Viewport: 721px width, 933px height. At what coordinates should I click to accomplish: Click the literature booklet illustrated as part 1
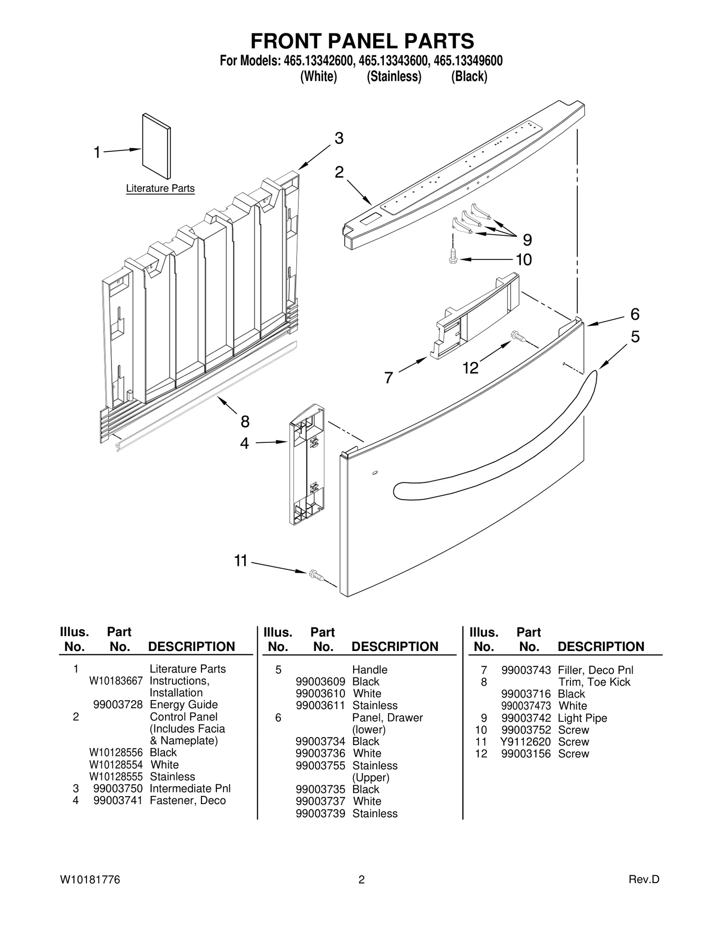[156, 146]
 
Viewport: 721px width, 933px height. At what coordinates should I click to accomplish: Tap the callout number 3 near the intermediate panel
[339, 138]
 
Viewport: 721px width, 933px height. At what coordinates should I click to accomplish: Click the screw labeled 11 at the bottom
[315, 575]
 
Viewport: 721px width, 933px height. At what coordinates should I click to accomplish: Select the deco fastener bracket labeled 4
[306, 464]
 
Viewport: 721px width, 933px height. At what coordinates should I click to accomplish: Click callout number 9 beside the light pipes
[527, 240]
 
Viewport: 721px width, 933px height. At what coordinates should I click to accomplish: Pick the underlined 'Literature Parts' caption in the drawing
[160, 188]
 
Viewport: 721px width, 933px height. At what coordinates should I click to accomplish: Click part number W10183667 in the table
[116, 681]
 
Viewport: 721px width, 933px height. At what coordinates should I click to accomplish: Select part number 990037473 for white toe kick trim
[526, 706]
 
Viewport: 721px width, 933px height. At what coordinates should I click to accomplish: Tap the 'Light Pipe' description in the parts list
[582, 718]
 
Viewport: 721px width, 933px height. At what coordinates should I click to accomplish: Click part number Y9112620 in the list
[525, 742]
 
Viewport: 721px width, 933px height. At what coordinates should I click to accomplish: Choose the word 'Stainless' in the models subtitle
[394, 77]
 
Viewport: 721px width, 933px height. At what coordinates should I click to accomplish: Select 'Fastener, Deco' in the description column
[187, 801]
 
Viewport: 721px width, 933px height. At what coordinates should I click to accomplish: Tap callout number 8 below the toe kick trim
[245, 422]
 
